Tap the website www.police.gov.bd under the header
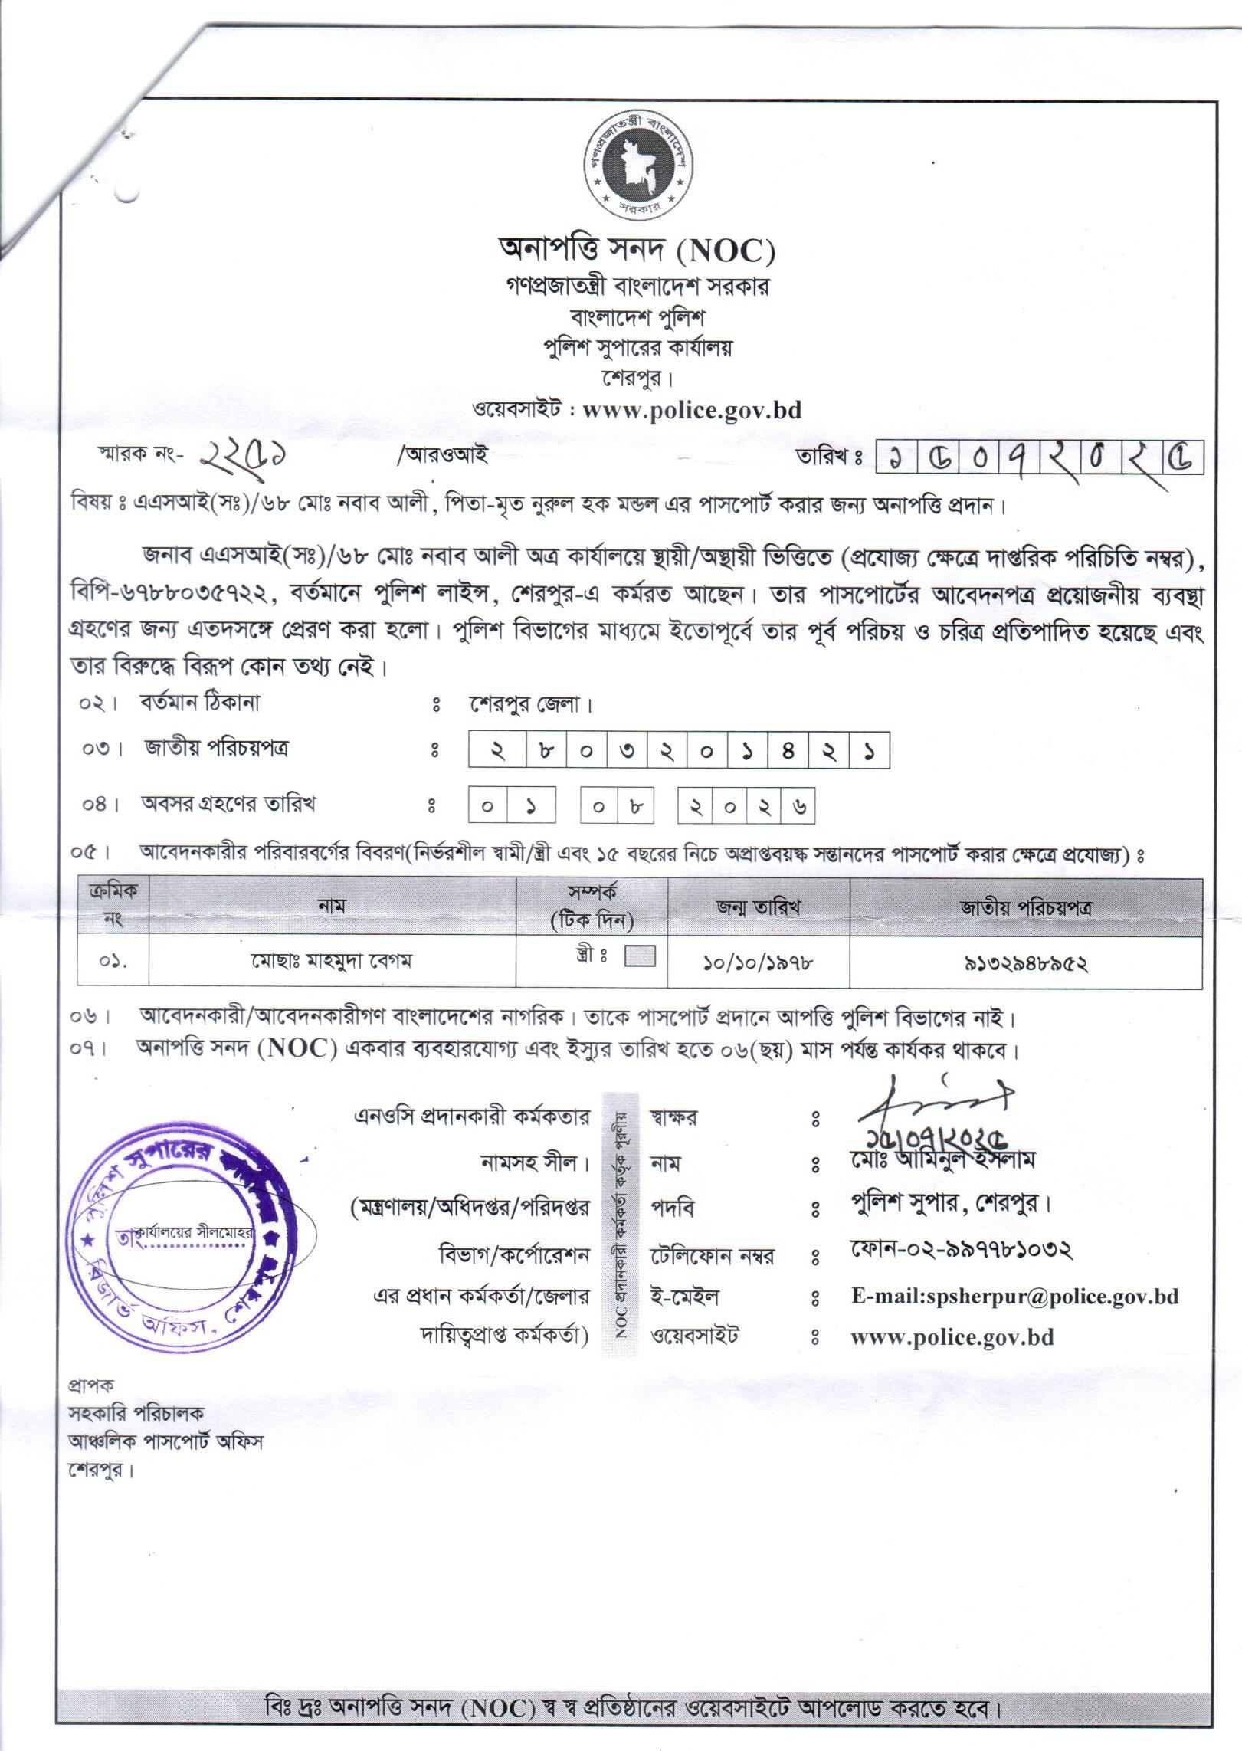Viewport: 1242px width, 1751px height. tap(692, 410)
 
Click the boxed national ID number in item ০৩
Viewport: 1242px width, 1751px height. tap(679, 751)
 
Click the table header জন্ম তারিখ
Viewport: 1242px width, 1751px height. tap(758, 907)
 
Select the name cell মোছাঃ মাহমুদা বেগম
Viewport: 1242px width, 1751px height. tap(332, 961)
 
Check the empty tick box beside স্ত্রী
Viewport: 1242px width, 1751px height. tap(640, 956)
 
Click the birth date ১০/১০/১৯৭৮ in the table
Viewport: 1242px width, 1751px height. tap(758, 963)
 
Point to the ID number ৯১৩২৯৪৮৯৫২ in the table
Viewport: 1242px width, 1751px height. tap(1025, 963)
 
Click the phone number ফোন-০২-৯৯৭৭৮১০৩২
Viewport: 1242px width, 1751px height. tap(961, 1250)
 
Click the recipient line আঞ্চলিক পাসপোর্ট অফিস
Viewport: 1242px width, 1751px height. tap(165, 1441)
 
